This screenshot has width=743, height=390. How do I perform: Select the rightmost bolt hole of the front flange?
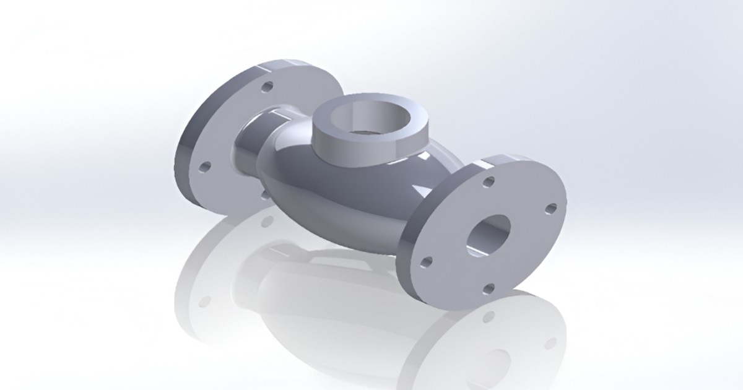550,208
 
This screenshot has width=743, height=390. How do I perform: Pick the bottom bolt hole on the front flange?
488,288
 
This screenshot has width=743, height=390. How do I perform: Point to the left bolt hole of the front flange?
426,262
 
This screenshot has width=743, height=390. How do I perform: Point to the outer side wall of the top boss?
347,152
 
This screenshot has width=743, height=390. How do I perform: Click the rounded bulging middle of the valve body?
334,198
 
